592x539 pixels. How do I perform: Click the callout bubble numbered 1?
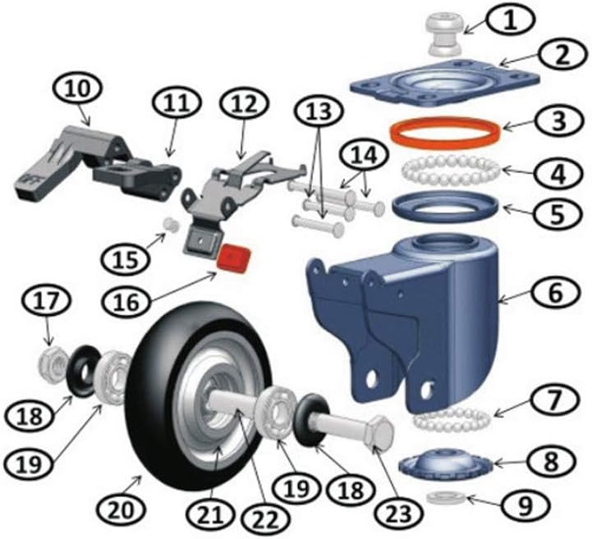pyautogui.click(x=510, y=21)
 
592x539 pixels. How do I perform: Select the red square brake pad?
pyautogui.click(x=234, y=258)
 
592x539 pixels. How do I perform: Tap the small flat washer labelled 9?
pyautogui.click(x=446, y=498)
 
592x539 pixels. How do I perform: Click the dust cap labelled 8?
pyautogui.click(x=447, y=461)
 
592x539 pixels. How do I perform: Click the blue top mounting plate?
pyautogui.click(x=446, y=83)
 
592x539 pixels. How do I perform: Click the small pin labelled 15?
pyautogui.click(x=171, y=226)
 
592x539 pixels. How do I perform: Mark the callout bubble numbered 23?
pyautogui.click(x=398, y=514)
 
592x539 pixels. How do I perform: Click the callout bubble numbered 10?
pyautogui.click(x=78, y=89)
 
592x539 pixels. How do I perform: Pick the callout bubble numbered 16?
pyautogui.click(x=127, y=301)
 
